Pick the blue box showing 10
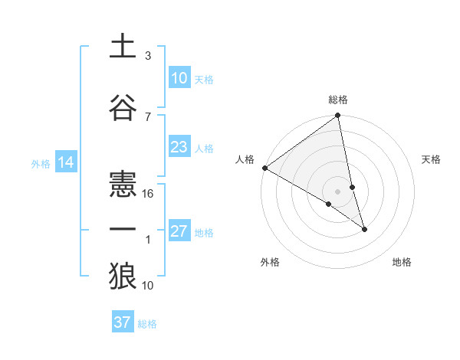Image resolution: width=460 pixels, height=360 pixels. [x=179, y=78]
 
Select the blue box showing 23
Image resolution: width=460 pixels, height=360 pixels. [x=179, y=147]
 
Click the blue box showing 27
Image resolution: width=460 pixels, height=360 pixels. [x=179, y=232]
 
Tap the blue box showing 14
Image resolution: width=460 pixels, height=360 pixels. [x=65, y=162]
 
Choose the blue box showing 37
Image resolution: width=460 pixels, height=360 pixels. [x=123, y=322]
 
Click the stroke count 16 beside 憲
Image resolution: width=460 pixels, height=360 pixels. [x=149, y=193]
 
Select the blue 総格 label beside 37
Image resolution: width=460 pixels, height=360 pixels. [x=148, y=324]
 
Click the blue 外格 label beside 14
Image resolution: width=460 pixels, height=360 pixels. [x=41, y=163]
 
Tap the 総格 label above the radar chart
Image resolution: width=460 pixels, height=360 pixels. [x=338, y=100]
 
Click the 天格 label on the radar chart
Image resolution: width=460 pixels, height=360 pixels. [x=431, y=159]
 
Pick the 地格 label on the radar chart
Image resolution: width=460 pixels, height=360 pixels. [x=402, y=262]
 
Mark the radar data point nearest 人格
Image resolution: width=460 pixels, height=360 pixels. [x=264, y=168]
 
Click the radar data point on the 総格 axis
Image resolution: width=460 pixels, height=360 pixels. [x=338, y=116]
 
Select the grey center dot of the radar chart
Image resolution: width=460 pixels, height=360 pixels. [x=338, y=191]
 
